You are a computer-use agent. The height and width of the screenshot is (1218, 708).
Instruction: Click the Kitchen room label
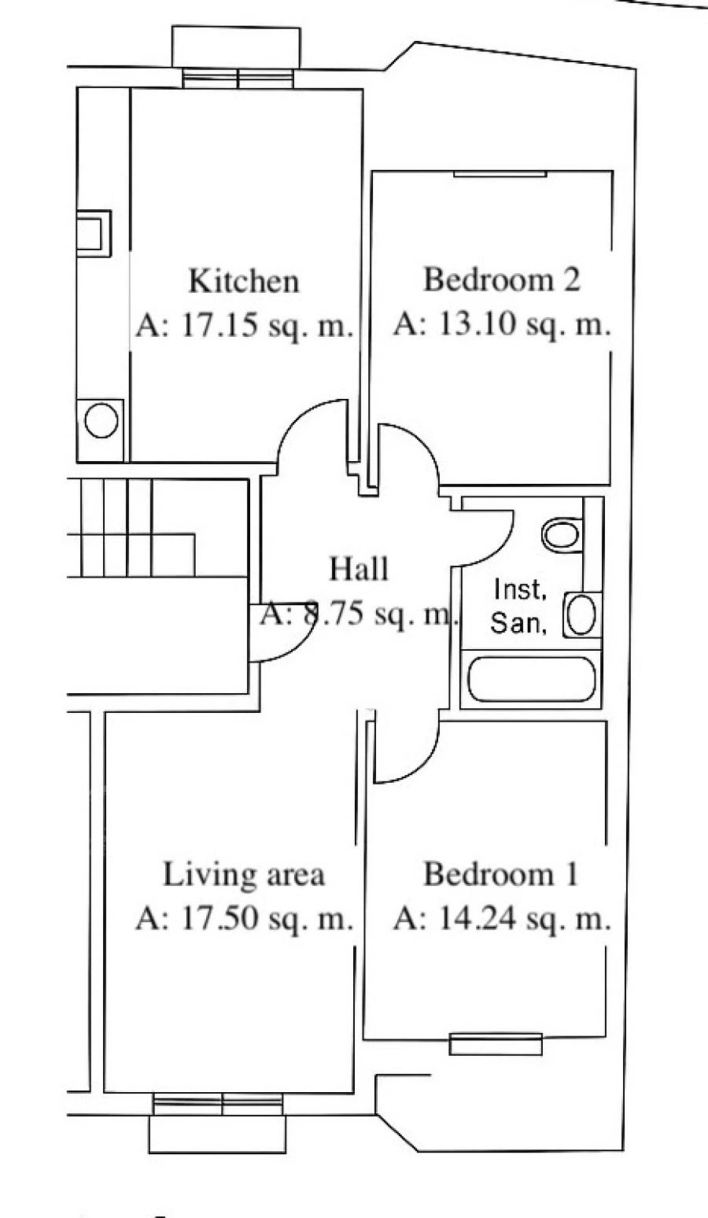[244, 281]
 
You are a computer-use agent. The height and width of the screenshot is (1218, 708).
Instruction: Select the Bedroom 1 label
[500, 874]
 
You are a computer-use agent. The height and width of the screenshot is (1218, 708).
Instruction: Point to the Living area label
[243, 875]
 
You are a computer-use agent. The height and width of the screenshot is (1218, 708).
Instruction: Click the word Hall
[359, 568]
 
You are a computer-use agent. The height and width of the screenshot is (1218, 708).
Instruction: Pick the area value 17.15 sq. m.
[244, 325]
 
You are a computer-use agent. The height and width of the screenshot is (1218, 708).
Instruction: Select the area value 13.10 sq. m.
[502, 324]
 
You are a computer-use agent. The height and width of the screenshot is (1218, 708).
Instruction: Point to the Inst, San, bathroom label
[519, 606]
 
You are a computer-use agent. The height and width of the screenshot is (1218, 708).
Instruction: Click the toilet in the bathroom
[562, 535]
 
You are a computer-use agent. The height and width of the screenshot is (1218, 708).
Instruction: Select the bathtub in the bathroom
[529, 679]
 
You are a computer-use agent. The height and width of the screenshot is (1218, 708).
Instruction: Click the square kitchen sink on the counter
[93, 234]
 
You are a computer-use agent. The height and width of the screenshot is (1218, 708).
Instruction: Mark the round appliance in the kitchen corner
[101, 421]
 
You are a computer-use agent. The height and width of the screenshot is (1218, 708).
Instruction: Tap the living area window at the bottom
[217, 1104]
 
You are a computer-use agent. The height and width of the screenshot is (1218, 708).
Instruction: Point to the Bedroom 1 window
[496, 1043]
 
